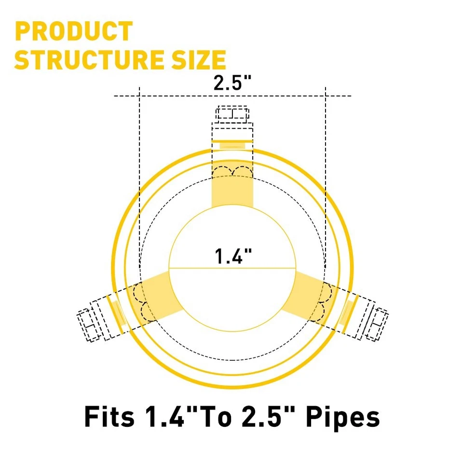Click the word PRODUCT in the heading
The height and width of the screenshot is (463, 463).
click(74, 32)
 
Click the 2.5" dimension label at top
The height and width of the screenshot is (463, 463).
click(233, 82)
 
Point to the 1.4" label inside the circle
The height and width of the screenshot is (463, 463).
click(233, 256)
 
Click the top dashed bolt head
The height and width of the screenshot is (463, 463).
click(232, 114)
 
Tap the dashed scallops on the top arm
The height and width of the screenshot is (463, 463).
click(232, 172)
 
